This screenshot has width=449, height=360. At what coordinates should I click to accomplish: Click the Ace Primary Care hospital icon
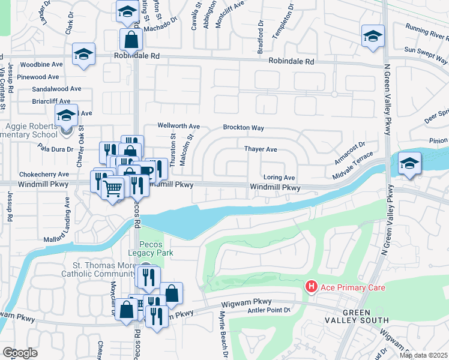[x=311, y=287]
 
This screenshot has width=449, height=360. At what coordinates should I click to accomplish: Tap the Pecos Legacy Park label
[x=156, y=249]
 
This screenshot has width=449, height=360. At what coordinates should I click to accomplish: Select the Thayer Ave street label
[x=260, y=149]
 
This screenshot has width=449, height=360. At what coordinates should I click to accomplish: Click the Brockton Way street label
[x=244, y=128]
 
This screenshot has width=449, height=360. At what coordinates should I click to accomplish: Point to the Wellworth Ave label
[x=178, y=127]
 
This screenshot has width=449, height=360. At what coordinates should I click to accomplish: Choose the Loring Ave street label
[x=279, y=178]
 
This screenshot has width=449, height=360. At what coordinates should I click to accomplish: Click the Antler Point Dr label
[x=270, y=310]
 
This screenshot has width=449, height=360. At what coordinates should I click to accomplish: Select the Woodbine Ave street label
[x=41, y=64]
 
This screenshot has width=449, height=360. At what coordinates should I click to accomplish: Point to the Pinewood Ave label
[x=38, y=77]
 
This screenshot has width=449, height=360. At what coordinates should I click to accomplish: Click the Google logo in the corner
[x=20, y=353]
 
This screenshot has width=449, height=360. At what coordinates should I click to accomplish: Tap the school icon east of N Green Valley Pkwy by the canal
[x=409, y=163]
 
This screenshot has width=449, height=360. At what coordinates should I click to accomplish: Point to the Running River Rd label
[x=426, y=29]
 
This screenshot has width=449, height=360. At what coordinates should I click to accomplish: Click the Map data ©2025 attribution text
[x=423, y=355]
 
